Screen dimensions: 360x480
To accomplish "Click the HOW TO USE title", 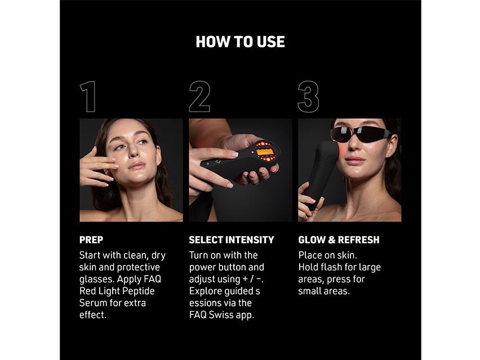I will pyautogui.click(x=240, y=41).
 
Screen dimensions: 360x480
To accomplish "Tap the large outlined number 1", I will pyautogui.click(x=88, y=96).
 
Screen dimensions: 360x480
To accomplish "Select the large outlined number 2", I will pyautogui.click(x=199, y=96).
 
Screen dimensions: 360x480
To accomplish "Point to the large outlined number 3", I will pyautogui.click(x=308, y=96).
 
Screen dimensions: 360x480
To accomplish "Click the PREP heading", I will pyautogui.click(x=91, y=240).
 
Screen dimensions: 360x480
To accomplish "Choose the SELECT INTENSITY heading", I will pyautogui.click(x=232, y=240).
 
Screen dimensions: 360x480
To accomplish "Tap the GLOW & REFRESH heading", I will pyautogui.click(x=339, y=240).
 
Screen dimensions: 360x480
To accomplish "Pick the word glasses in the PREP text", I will pyautogui.click(x=96, y=279).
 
